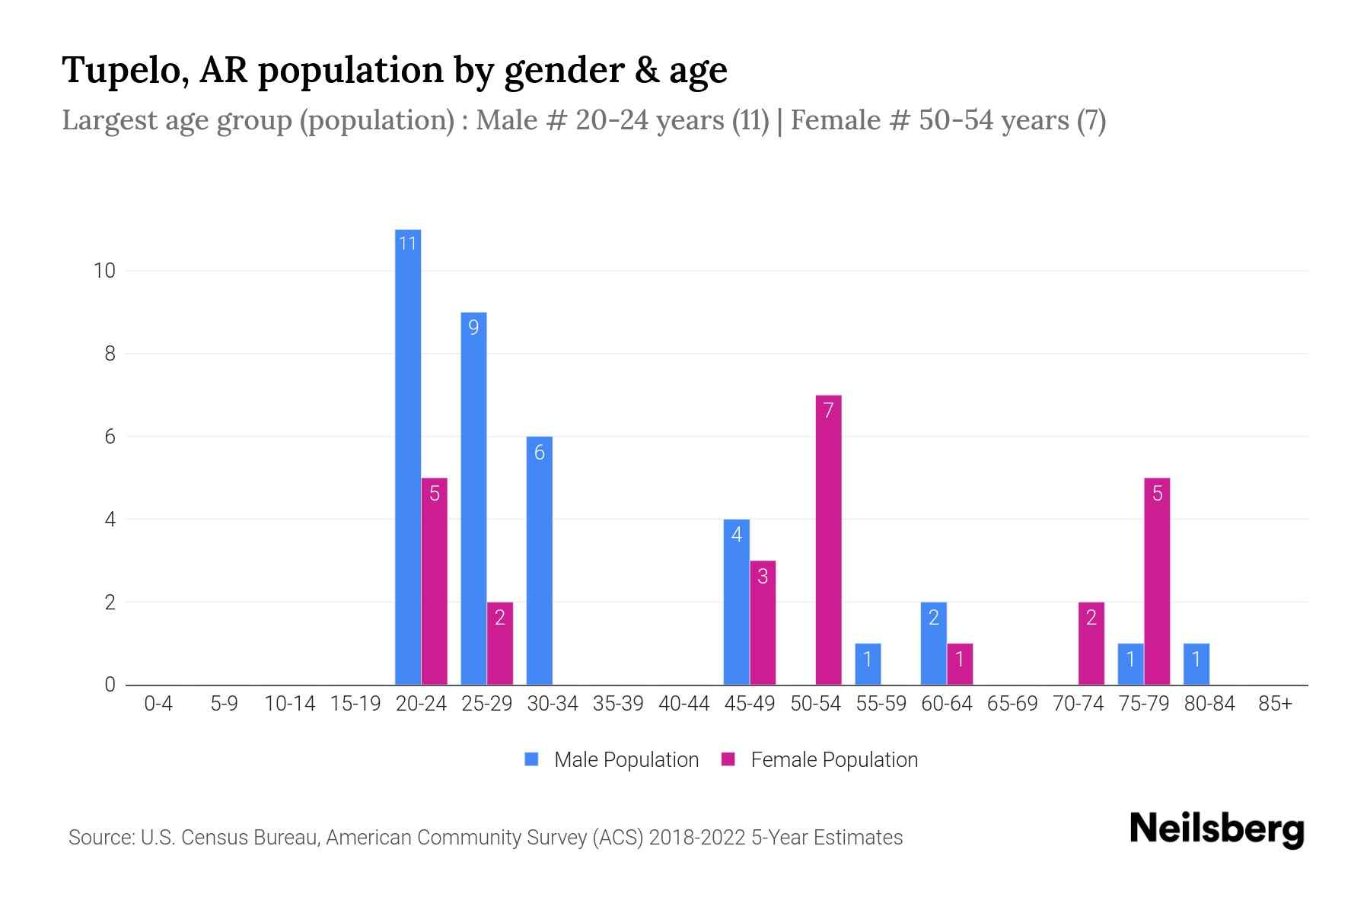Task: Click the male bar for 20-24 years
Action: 408,456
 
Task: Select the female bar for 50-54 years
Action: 828,540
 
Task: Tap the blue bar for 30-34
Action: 540,561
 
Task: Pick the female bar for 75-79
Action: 1157,582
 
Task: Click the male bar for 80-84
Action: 1196,664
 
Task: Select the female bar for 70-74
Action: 1091,644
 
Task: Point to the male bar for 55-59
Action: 868,664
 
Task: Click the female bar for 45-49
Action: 763,622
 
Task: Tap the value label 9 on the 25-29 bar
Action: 473,328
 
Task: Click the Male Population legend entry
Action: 612,759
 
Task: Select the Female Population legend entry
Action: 820,759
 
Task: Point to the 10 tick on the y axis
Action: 104,271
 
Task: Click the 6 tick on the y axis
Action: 110,437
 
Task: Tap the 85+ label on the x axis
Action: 1275,704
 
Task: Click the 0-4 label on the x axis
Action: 158,704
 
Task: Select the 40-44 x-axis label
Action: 683,704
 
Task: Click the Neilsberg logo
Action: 1216,829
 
